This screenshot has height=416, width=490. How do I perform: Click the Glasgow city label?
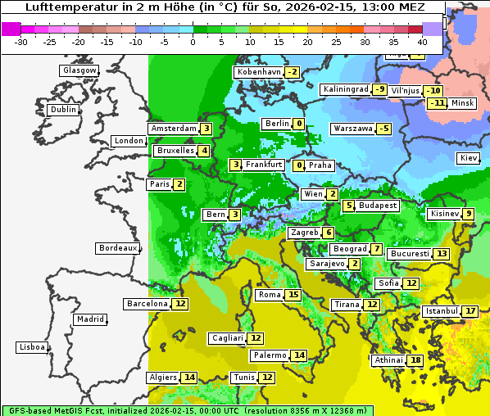[79, 70]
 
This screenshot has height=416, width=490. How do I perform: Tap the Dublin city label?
[62, 110]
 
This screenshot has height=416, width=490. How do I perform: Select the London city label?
[129, 141]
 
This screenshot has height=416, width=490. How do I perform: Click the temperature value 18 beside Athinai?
[416, 360]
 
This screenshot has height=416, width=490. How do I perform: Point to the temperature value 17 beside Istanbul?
[470, 311]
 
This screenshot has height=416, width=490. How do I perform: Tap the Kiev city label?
[469, 158]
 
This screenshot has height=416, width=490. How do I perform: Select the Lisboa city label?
[31, 347]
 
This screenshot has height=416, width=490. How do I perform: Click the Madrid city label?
[89, 319]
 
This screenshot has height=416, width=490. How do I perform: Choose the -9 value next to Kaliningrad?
[379, 89]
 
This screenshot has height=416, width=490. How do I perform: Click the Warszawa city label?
[352, 129]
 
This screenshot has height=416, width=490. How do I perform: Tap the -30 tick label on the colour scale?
[21, 42]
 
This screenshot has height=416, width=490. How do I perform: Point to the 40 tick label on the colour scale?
[422, 42]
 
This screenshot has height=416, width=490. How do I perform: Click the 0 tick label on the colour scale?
[193, 42]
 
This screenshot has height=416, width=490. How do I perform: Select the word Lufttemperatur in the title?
[61, 7]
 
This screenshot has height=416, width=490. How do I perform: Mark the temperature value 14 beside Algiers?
[189, 378]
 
